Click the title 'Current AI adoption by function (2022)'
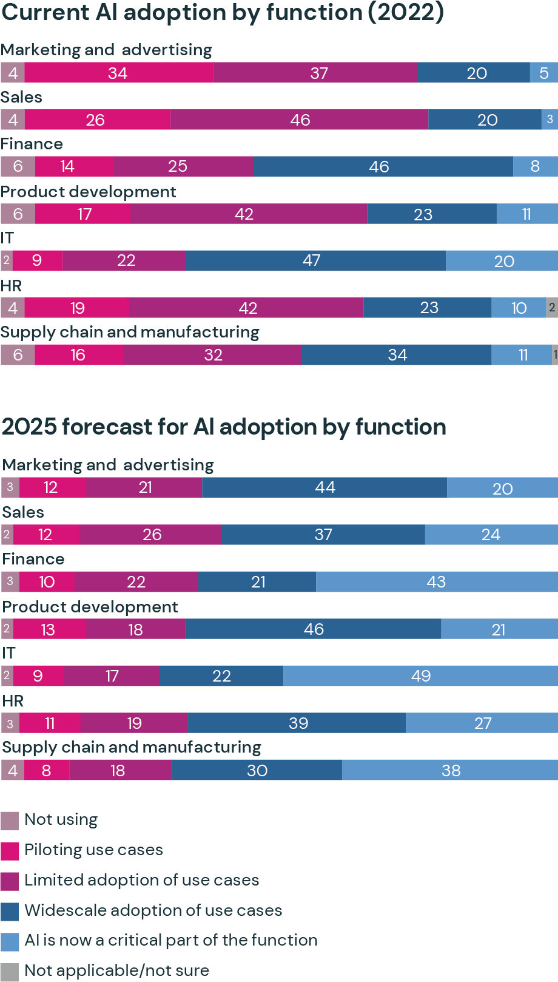coord(222,12)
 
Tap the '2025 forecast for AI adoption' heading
coord(224,427)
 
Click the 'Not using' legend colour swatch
coord(10,821)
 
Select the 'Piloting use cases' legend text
coord(93,850)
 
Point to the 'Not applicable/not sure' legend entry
coord(116,970)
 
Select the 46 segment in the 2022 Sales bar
coord(300,120)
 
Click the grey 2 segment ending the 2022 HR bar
coord(552,308)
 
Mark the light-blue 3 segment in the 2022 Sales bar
coord(550,120)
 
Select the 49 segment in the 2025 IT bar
coord(420,676)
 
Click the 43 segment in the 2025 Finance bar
coord(437,582)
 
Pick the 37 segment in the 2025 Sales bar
coord(323,535)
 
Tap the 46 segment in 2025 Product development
coord(314,629)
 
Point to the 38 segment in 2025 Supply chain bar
coord(450,770)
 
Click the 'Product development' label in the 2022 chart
coord(89,192)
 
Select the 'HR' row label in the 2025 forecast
coord(13,701)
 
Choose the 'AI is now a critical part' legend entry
coord(170,940)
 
